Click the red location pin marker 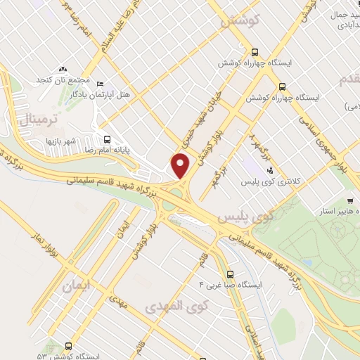pos(181,166)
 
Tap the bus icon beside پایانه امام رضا pos(107,139)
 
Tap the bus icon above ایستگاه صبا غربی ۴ pos(230,274)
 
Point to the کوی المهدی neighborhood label pos(173,307)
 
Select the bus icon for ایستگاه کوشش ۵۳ pos(68,346)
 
